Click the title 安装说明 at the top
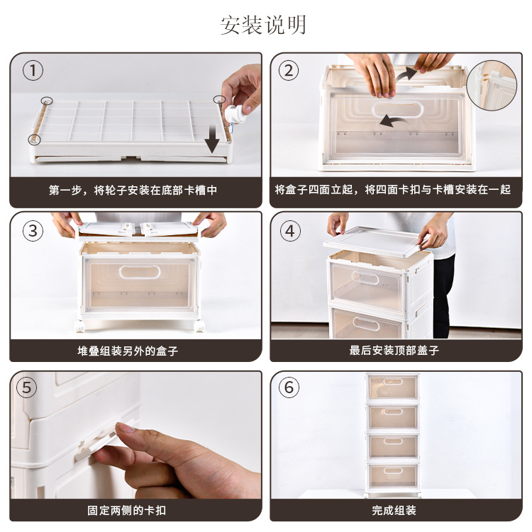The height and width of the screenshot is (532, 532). (263, 25)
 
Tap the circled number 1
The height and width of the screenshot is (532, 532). (33, 71)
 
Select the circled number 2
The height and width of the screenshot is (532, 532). (289, 71)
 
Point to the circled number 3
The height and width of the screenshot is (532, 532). (33, 231)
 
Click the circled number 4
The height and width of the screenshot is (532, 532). (290, 231)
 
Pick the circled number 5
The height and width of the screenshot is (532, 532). (26, 387)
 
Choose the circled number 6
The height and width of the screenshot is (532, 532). (289, 387)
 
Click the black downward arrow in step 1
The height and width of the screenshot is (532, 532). (212, 138)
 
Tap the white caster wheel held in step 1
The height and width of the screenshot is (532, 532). (234, 115)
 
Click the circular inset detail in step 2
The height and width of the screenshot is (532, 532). (492, 86)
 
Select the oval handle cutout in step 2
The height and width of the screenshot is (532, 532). (397, 110)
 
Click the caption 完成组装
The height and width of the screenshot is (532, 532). (394, 510)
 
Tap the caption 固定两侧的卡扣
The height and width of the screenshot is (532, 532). (126, 510)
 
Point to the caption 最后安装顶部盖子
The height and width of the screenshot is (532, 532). (394, 350)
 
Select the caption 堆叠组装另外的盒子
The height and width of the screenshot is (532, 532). (128, 351)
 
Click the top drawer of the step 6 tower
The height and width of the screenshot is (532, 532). (393, 387)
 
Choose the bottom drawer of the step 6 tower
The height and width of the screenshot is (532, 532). (393, 475)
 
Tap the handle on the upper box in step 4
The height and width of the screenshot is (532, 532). (365, 278)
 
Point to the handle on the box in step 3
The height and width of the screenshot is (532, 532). (140, 272)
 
